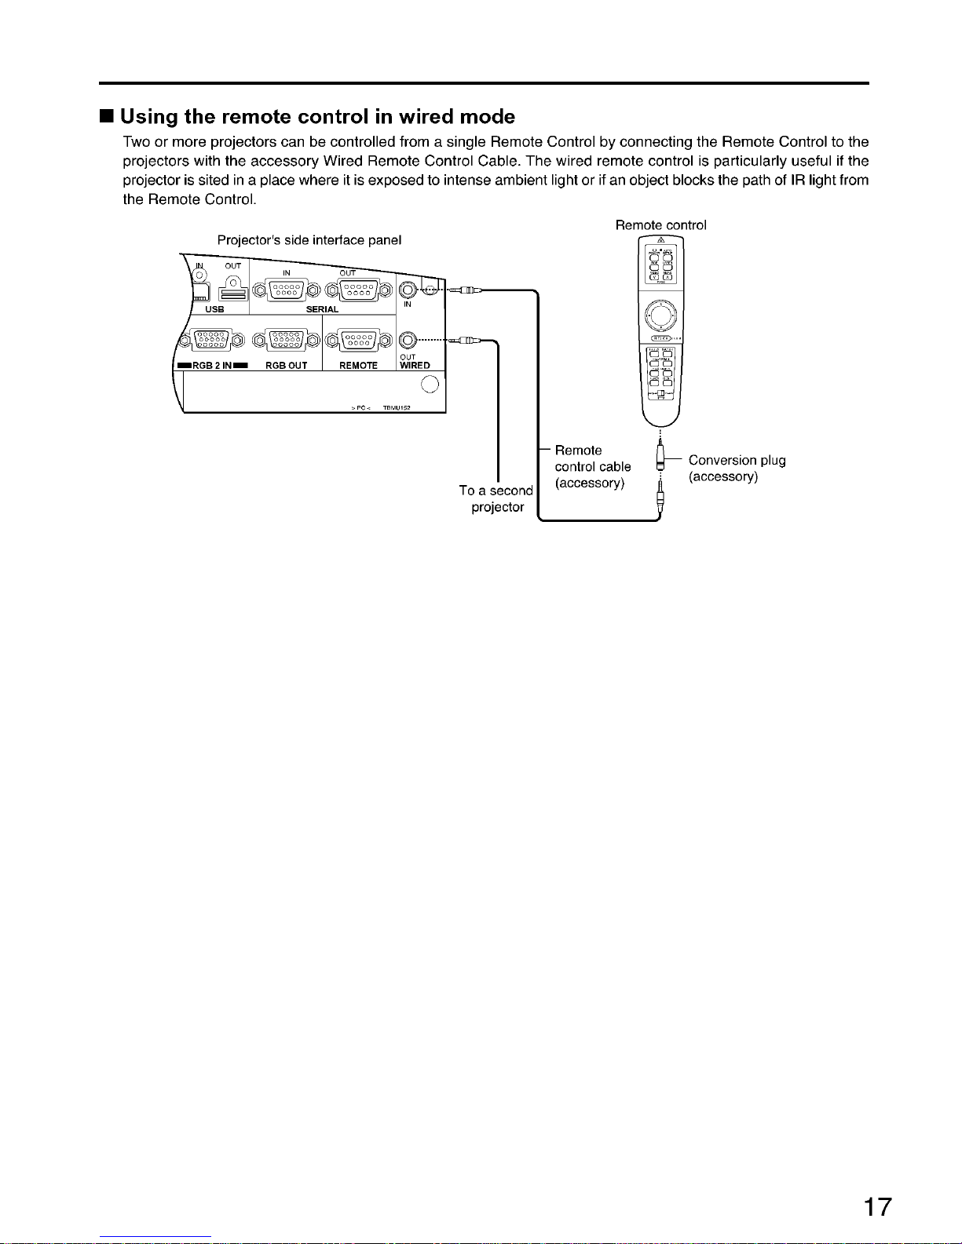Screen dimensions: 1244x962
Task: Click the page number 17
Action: (877, 1206)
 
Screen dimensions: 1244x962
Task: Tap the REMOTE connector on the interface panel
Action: (358, 340)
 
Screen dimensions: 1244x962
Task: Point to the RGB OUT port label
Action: (286, 366)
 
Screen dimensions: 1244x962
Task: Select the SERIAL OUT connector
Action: (358, 291)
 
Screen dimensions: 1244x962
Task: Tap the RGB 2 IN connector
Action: (210, 340)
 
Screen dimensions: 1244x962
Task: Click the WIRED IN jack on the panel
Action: (408, 290)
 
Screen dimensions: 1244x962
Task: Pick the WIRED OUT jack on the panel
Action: (408, 340)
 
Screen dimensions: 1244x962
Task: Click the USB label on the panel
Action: (214, 309)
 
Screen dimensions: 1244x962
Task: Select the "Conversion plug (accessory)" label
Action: (737, 469)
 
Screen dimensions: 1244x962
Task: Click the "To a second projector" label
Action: (496, 499)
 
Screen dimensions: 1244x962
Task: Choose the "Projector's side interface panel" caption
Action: (309, 239)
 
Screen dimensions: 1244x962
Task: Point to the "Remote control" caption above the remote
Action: (660, 225)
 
